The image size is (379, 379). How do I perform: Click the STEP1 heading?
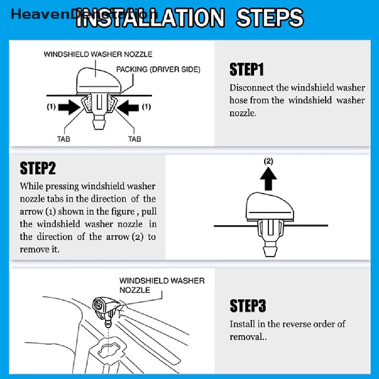246,69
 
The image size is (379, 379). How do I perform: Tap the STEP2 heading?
38,168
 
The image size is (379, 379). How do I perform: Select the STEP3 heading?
248,306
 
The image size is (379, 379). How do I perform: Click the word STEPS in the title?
269,18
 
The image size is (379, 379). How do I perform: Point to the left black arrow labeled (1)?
69,107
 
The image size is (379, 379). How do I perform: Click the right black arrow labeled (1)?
128,107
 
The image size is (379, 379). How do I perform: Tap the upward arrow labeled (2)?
268,179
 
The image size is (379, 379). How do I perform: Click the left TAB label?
63,139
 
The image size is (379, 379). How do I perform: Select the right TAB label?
135,139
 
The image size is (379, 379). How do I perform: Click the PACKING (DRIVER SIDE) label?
158,70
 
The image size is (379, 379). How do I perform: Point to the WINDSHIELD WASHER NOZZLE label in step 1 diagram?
98,54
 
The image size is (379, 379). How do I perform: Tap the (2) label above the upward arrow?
268,161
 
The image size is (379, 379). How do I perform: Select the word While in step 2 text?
32,186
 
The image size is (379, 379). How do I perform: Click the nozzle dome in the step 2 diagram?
270,207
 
